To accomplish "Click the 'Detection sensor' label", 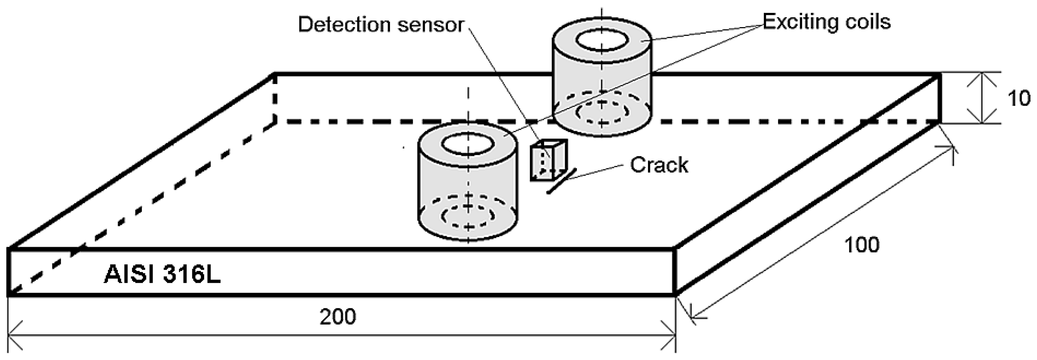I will (x=381, y=25).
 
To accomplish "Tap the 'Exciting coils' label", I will (x=826, y=22).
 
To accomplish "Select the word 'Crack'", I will (x=658, y=165).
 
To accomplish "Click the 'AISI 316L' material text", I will (x=162, y=275).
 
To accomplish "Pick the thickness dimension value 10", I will (x=1018, y=98).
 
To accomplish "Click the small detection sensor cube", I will (x=548, y=161).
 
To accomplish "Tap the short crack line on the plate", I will (x=561, y=181).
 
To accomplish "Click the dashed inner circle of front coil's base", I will (x=468, y=216).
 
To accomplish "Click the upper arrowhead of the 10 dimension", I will (x=982, y=77).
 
